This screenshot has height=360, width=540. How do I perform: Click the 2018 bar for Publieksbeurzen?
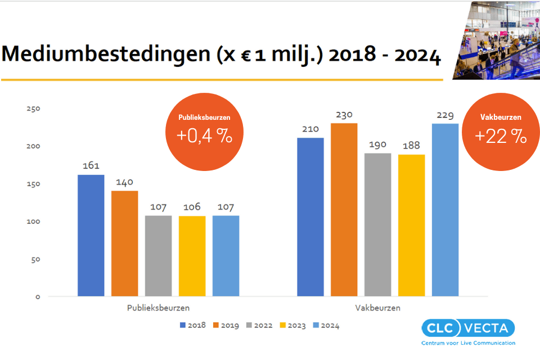(x=91, y=235)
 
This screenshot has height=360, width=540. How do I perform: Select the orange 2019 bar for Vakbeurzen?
(x=344, y=209)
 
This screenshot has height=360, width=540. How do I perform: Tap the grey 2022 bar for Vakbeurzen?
(x=377, y=224)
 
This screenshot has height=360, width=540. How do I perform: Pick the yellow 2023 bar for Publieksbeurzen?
(x=192, y=256)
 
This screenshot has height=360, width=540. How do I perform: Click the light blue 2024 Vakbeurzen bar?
(x=445, y=209)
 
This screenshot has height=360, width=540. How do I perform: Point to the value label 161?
(x=91, y=166)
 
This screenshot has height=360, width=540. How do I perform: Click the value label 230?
(x=344, y=114)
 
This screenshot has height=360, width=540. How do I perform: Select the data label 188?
(x=411, y=146)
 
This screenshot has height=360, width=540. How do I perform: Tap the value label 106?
(x=192, y=207)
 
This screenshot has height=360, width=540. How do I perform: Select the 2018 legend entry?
(x=192, y=325)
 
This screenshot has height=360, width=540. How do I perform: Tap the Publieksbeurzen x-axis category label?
(x=158, y=308)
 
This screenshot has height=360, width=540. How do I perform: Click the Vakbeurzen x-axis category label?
(x=377, y=308)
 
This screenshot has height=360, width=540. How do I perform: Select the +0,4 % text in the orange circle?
(x=204, y=136)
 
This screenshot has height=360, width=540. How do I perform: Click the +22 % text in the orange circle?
(x=501, y=136)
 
